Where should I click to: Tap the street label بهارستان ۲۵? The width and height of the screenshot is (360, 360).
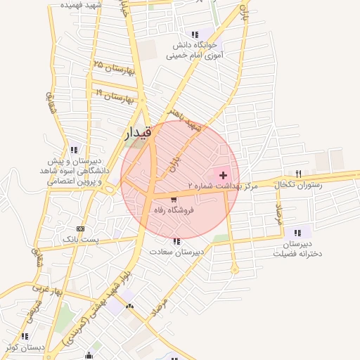108,67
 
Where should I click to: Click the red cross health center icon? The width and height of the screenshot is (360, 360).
224,174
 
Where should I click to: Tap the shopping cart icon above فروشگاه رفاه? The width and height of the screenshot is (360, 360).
174,200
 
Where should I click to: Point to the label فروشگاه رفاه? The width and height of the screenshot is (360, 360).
174,210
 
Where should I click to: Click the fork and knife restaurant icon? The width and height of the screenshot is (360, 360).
298,174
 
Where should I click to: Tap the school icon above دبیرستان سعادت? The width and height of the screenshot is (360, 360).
176,241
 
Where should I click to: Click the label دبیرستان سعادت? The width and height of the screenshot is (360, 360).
176,251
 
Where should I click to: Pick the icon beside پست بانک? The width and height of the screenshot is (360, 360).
80,229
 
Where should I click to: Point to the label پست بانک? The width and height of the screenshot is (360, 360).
80,239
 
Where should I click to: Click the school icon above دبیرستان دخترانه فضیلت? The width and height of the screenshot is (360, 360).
298,233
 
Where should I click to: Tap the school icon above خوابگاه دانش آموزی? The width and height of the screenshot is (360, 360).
195,34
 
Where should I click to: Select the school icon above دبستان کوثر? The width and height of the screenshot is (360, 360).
25,336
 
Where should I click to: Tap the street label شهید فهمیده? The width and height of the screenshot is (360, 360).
81,5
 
